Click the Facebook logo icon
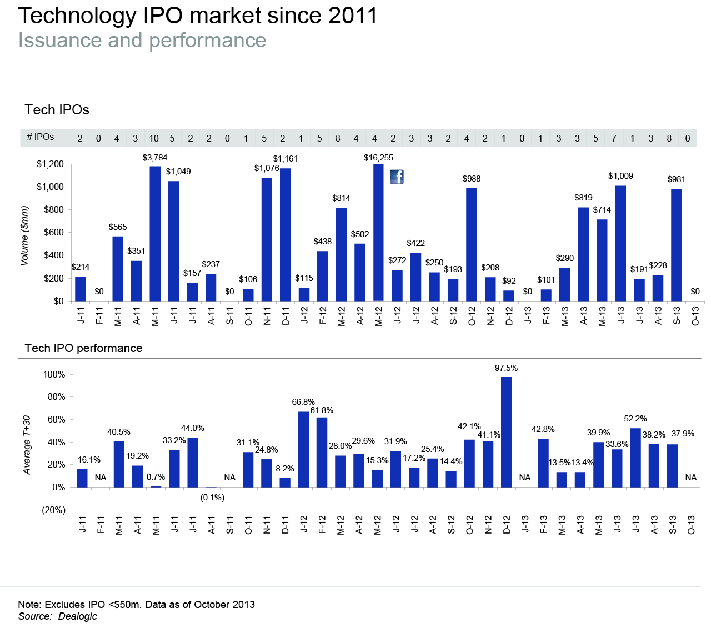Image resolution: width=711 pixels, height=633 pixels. coord(397,177)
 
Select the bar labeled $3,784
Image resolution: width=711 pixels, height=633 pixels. coord(155,233)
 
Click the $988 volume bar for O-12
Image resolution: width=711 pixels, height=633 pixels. coord(472,244)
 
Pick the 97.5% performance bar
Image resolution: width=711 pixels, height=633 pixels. coord(506,432)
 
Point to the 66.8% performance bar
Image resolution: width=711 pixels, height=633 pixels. coord(303,449)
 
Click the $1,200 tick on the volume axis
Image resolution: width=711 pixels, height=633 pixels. coord(51,164)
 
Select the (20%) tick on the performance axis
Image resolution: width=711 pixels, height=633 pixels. coord(54,510)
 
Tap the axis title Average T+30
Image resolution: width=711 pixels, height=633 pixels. coord(27,444)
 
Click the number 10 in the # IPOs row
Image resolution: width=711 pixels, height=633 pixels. coord(154,138)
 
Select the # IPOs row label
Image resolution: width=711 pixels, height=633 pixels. coord(40,137)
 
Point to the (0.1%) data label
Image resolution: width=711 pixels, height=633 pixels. coord(212,498)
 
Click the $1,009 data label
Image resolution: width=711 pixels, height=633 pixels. coord(620,176)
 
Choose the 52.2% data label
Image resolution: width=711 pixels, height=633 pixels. coord(635,419)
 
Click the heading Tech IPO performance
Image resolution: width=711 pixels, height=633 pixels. coord(83,348)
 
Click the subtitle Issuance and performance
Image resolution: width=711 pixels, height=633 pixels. coord(142,41)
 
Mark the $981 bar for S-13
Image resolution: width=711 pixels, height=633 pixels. coord(677,245)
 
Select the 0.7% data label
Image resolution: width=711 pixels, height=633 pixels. coord(156,477)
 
